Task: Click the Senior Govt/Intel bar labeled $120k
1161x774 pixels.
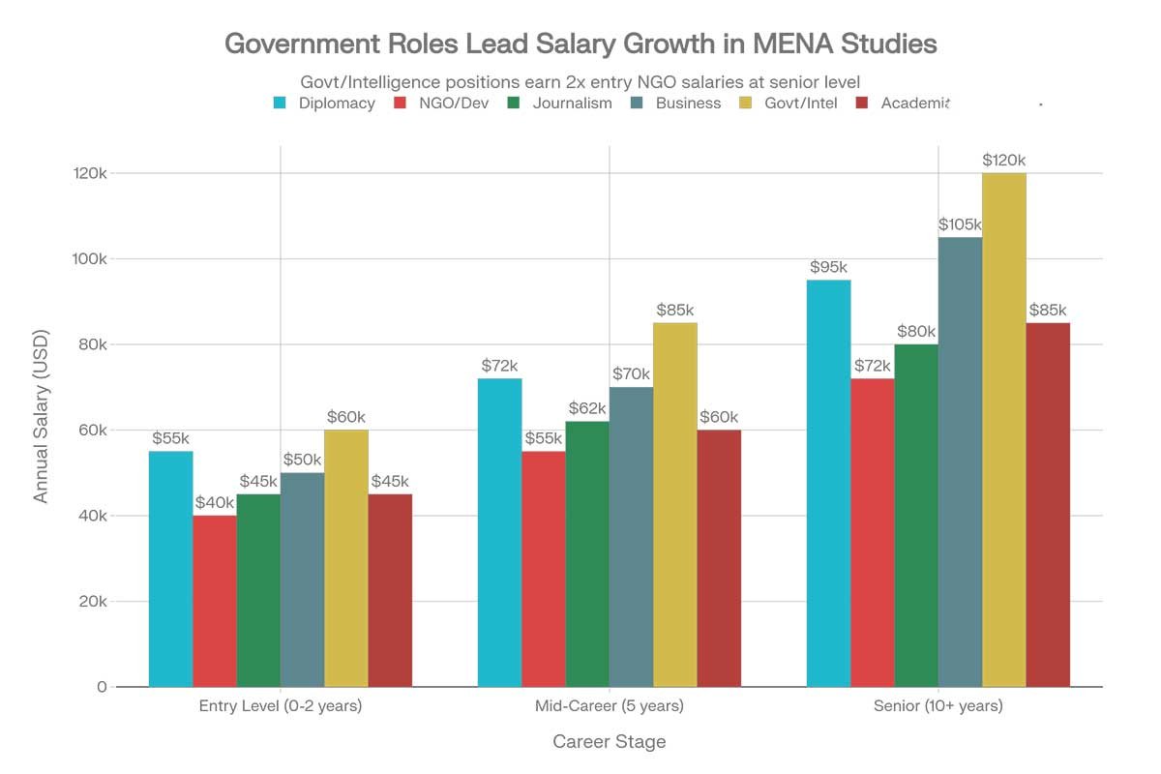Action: [x=1004, y=430]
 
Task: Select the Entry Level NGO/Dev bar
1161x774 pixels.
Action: [x=215, y=601]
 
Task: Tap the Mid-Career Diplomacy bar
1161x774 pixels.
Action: [x=500, y=532]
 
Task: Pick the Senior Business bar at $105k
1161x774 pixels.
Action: [x=960, y=461]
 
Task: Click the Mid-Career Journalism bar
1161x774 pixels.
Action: [x=587, y=553]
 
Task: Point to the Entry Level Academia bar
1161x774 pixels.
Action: [x=390, y=590]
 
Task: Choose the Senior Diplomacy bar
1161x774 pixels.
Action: [x=828, y=483]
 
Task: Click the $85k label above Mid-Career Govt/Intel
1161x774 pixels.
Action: [x=674, y=311]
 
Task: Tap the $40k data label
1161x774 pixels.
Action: [x=215, y=503]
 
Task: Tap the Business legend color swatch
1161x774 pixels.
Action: [x=637, y=103]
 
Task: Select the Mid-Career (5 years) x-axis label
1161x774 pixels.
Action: [x=609, y=706]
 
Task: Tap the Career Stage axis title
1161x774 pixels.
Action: [x=609, y=742]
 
